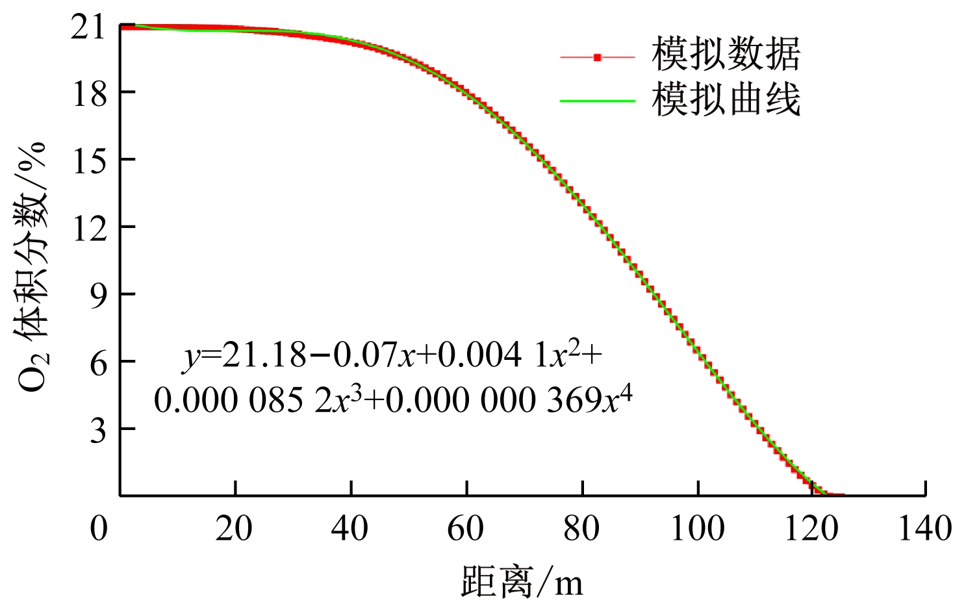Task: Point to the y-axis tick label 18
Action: pos(88,95)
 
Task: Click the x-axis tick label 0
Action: pos(99,529)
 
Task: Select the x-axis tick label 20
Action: pos(234,529)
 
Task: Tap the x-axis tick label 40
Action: pos(349,529)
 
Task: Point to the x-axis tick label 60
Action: pos(465,529)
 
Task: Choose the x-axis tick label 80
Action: pos(581,529)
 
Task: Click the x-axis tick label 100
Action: pos(697,529)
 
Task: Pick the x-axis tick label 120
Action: pos(812,529)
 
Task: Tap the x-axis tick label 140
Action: pos(924,529)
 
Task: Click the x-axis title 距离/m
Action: pos(522,581)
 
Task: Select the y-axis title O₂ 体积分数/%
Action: pos(32,266)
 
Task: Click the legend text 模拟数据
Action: pos(726,54)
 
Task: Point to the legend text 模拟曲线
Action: pos(726,100)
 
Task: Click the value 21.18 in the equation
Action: pos(264,355)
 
